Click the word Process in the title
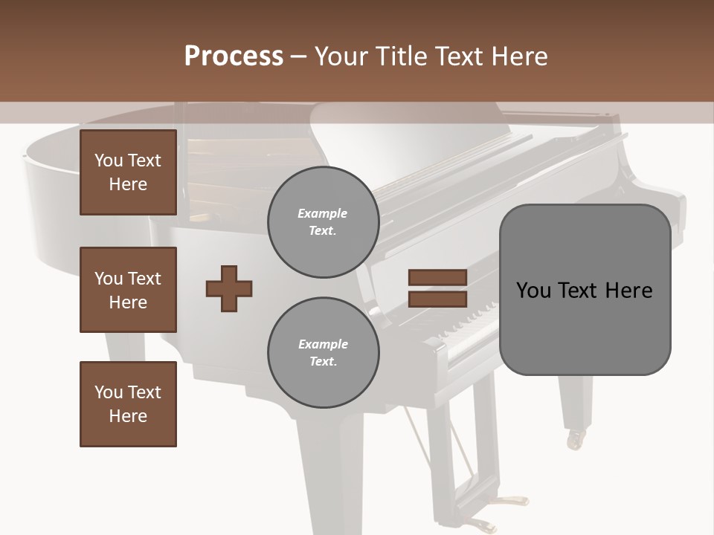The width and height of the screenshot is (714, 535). tap(234, 56)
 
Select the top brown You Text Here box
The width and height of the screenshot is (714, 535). tap(128, 172)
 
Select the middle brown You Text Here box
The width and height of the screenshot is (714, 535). tap(128, 290)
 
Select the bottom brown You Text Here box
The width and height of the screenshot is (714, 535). tap(128, 404)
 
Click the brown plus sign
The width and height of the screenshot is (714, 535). tap(229, 288)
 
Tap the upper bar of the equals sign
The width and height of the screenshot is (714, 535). tap(438, 277)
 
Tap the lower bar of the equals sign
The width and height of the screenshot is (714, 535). tap(438, 299)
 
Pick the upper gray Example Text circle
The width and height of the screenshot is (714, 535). tap(323, 221)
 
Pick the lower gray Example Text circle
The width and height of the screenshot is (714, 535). tap(323, 352)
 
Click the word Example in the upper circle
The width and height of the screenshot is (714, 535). tap(323, 213)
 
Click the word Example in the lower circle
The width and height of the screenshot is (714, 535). tap(323, 344)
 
